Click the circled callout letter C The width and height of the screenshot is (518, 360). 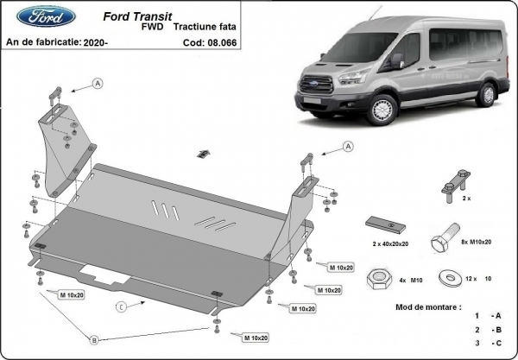(x=123, y=306)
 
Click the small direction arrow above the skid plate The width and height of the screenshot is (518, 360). (x=201, y=153)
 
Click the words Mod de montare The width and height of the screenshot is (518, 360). (x=418, y=307)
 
